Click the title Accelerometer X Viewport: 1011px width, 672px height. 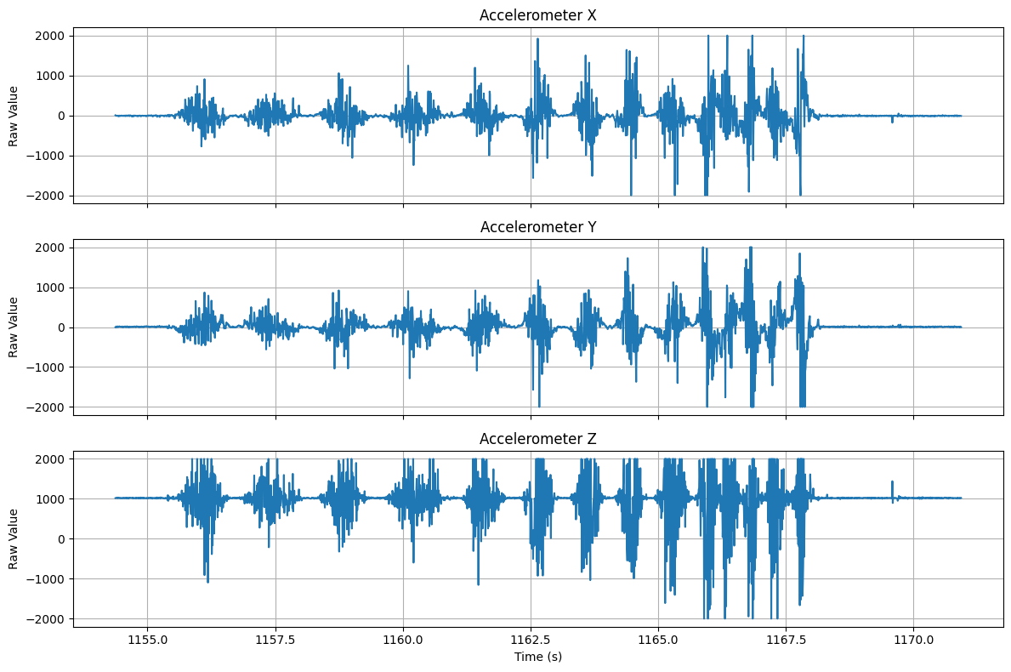pyautogui.click(x=537, y=15)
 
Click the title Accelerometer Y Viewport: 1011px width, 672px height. pyautogui.click(x=537, y=227)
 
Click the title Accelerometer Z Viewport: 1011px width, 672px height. pyautogui.click(x=537, y=439)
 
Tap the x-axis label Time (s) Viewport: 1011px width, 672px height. pyautogui.click(x=537, y=657)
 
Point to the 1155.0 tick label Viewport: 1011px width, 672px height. pyautogui.click(x=148, y=639)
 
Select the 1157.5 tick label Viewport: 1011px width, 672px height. pyautogui.click(x=275, y=639)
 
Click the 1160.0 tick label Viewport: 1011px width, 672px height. pyautogui.click(x=403, y=639)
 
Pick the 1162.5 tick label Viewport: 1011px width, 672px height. pyautogui.click(x=531, y=639)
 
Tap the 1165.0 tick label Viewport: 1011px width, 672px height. pyautogui.click(x=658, y=639)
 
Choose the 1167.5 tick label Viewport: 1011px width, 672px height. pyautogui.click(x=786, y=639)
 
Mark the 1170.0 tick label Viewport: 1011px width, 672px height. pyautogui.click(x=913, y=639)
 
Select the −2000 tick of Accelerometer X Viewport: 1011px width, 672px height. pyautogui.click(x=49, y=196)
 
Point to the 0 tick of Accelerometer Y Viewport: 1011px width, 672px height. pyautogui.click(x=62, y=327)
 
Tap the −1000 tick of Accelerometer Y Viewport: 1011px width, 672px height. pyautogui.click(x=49, y=367)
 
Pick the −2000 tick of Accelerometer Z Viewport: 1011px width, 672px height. pyautogui.click(x=49, y=618)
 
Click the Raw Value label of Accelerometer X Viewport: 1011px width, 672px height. pyautogui.click(x=14, y=116)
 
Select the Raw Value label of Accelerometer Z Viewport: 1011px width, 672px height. pyautogui.click(x=14, y=538)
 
